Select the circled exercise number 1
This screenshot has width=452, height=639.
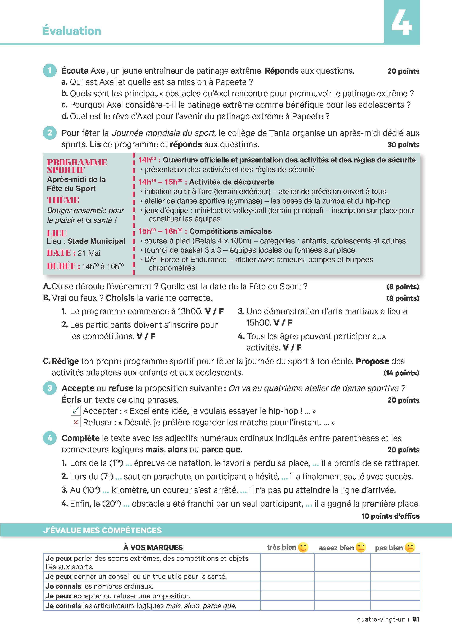50,71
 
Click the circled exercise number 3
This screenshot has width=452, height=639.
50,388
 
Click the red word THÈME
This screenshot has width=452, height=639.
63,200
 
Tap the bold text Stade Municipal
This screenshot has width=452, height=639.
96,241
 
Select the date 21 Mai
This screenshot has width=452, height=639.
89,253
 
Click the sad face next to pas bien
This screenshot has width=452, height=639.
410,547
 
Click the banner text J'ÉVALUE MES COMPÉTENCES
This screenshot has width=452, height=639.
102,530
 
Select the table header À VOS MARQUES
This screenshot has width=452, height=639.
153,547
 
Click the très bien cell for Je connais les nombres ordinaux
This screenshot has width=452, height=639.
287,586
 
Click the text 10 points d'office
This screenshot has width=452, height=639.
390,516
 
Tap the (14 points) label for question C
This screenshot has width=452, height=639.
401,373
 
